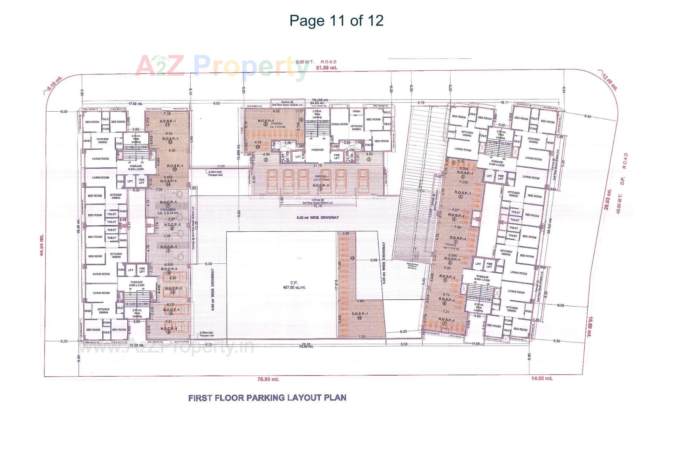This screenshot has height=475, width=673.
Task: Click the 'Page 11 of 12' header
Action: [336, 21]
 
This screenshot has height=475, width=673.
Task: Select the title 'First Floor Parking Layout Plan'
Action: [267, 398]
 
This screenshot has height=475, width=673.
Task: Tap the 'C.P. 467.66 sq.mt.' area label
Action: [294, 285]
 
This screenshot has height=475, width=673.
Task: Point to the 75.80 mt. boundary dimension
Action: [268, 379]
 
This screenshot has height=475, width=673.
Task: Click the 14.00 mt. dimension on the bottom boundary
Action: [542, 378]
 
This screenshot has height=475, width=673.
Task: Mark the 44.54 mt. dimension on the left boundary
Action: [42, 245]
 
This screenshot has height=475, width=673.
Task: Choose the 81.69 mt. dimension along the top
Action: [326, 68]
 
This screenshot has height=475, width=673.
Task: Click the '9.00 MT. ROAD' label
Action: [316, 62]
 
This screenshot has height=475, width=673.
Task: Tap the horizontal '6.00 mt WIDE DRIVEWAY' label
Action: [318, 218]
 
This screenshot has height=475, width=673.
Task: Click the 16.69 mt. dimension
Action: [590, 326]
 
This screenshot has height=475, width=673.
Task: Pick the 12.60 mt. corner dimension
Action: [610, 82]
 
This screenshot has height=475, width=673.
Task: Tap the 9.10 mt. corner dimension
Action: [55, 83]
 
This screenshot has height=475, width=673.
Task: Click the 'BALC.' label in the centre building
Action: [387, 112]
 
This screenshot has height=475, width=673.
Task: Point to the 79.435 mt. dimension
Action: [320, 100]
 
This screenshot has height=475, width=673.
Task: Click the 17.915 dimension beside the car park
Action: [336, 284]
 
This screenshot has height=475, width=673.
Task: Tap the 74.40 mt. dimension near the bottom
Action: [306, 347]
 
